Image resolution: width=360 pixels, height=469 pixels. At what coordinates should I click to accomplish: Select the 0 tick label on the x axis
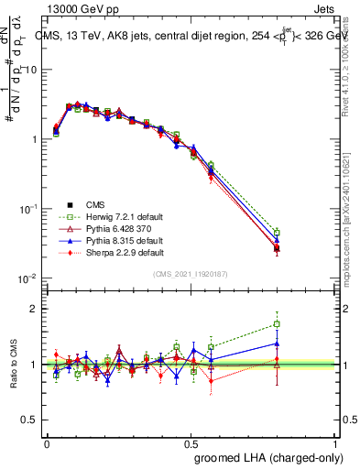tap(47, 443)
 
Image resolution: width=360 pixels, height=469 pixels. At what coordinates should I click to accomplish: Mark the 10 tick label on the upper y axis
tap(29, 70)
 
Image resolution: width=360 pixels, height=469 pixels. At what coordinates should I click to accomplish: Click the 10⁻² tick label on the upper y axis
tap(27, 278)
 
